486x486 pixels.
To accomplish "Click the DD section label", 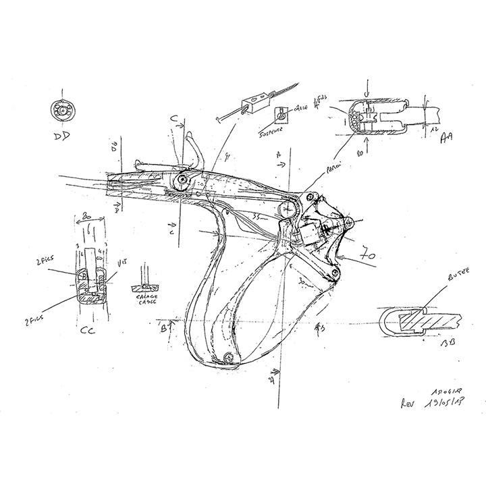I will [x=63, y=138].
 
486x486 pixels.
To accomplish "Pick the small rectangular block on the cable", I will [x=256, y=102].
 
